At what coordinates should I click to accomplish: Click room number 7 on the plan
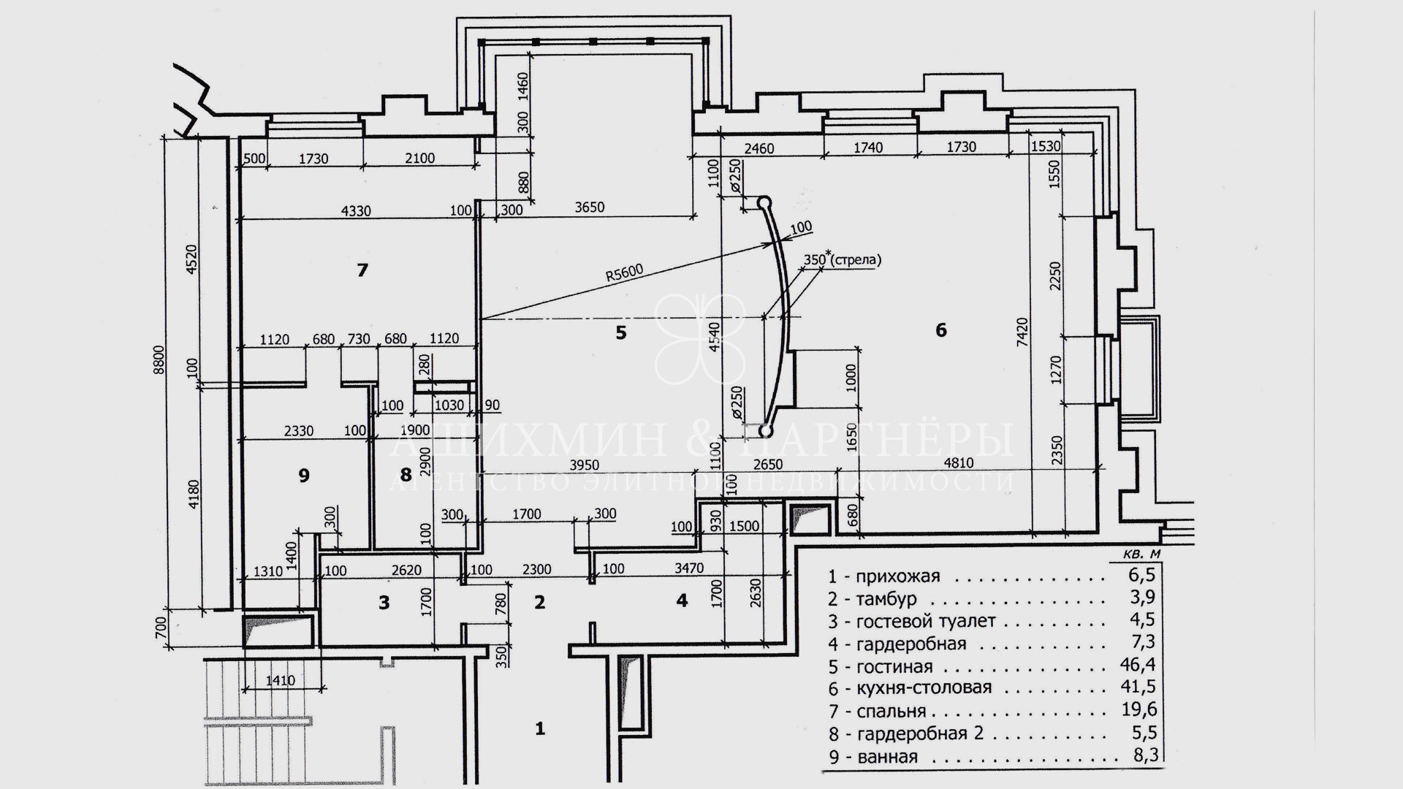pyautogui.click(x=362, y=270)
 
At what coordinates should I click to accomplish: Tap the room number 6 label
pyautogui.click(x=941, y=330)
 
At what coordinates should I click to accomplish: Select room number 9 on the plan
pyautogui.click(x=304, y=476)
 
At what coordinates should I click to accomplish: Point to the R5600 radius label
pyautogui.click(x=623, y=275)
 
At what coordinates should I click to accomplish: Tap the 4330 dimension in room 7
pyautogui.click(x=356, y=211)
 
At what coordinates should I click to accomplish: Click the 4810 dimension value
pyautogui.click(x=958, y=464)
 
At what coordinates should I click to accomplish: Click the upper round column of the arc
pyautogui.click(x=764, y=201)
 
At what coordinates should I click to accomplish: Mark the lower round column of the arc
pyautogui.click(x=765, y=431)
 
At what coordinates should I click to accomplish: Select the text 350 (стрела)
pyautogui.click(x=842, y=259)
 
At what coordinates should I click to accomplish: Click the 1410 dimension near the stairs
pyautogui.click(x=280, y=680)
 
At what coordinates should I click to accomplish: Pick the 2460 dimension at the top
pyautogui.click(x=759, y=148)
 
